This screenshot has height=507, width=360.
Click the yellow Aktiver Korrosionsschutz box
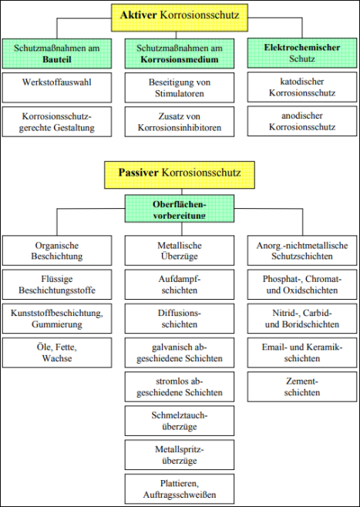click(180, 18)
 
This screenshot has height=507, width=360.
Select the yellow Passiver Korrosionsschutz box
click(180, 175)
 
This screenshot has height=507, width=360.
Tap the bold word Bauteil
click(56, 59)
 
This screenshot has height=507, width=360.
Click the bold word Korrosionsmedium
click(180, 59)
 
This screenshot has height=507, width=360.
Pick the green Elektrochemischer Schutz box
click(302, 53)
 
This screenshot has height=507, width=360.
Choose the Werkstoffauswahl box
click(57, 88)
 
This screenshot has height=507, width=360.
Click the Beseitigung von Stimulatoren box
click(180, 88)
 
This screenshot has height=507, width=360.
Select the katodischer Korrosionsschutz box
click(302, 87)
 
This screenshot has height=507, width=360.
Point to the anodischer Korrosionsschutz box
click(302, 121)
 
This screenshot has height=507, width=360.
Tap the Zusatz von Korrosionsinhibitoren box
click(180, 122)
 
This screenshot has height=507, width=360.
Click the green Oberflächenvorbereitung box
click(180, 208)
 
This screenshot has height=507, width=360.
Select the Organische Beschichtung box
click(57, 250)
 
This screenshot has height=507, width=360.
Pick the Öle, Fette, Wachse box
click(57, 353)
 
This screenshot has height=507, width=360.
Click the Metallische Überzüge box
click(180, 250)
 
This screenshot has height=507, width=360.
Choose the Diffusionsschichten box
click(180, 318)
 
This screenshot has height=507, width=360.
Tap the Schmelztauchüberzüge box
click(180, 421)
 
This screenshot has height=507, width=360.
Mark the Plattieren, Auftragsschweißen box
click(180, 489)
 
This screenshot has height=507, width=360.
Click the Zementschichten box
click(302, 387)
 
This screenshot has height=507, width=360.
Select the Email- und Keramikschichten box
click(302, 353)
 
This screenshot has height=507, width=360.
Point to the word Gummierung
click(56, 324)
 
